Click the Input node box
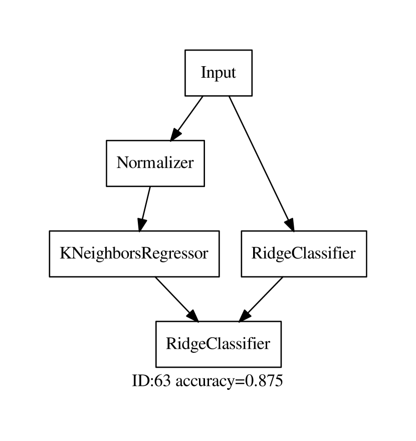pos(218,73)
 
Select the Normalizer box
pos(155,163)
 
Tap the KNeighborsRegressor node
pos(134,254)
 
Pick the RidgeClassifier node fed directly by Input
pos(303,254)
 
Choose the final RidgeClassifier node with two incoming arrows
pos(218,344)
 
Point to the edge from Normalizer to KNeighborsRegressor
pos(146,203)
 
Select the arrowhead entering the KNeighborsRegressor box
pos(142,224)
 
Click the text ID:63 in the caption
pos(151,381)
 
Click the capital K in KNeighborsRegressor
pos(65,254)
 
